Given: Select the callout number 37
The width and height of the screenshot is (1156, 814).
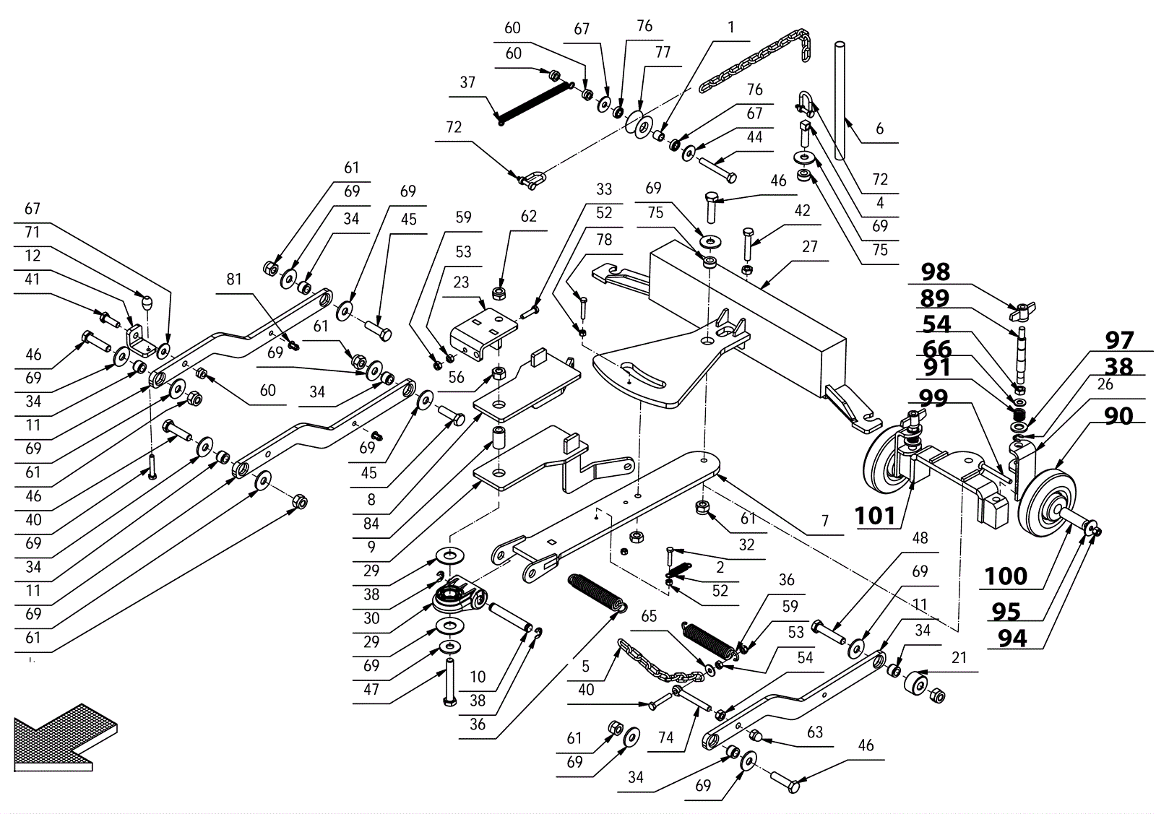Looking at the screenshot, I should [467, 82].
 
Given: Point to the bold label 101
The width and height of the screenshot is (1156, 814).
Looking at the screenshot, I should [875, 516].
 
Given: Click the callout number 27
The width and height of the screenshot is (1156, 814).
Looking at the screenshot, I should [810, 247].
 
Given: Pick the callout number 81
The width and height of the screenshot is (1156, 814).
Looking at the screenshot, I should [233, 279].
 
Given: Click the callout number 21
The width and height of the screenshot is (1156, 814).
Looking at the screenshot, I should [959, 658].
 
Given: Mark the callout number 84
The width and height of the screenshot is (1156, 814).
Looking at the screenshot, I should [371, 524].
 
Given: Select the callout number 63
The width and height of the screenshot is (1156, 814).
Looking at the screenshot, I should [815, 732].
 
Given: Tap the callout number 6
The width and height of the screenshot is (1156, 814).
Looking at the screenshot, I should [879, 129].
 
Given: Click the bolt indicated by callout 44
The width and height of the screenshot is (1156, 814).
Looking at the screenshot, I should [717, 171].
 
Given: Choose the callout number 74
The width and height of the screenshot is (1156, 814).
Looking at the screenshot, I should [665, 737].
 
